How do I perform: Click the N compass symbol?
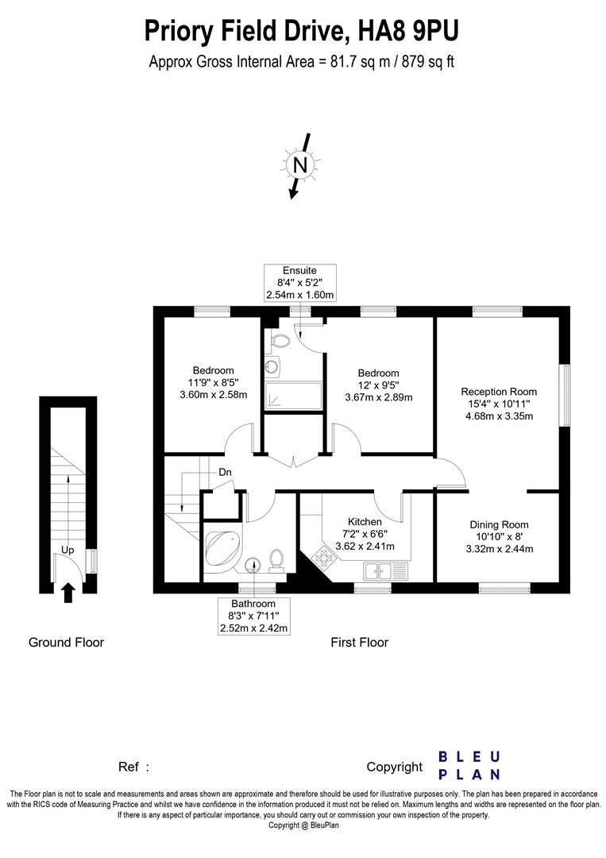(299, 165)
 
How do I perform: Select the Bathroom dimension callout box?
(253, 616)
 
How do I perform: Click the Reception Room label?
(499, 392)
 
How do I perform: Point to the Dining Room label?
(499, 524)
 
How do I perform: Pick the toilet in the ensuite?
(279, 342)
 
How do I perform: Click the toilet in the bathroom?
(277, 560)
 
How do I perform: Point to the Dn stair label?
(226, 472)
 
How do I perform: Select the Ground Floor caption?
(66, 642)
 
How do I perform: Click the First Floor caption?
(359, 642)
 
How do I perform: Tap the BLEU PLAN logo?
(469, 765)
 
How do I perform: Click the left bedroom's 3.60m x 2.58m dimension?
(213, 394)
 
